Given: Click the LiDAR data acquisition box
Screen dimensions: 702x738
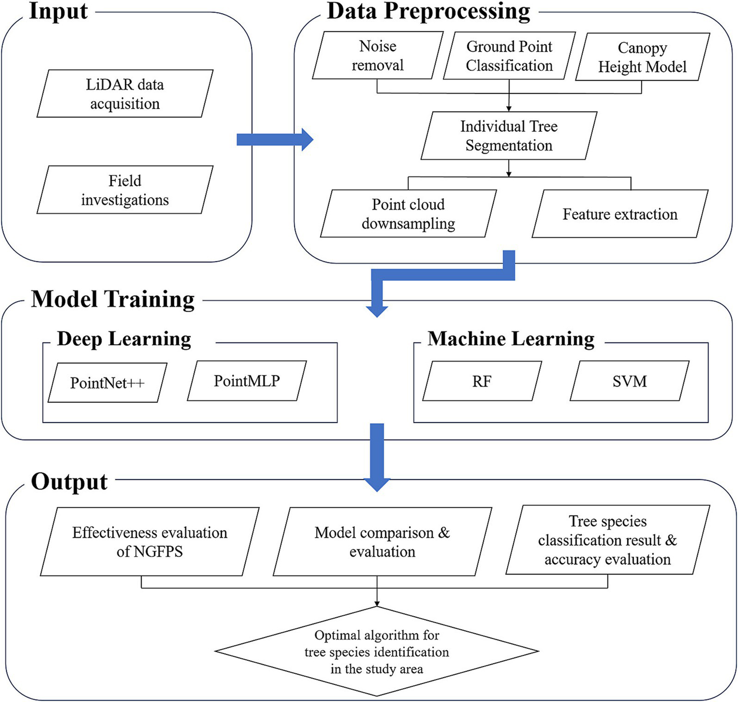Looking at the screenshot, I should tap(125, 94).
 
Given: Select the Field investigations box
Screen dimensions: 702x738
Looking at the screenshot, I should tap(125, 190).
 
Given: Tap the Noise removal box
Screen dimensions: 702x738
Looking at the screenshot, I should tap(377, 55).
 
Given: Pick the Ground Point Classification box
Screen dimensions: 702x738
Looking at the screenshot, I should tap(509, 56).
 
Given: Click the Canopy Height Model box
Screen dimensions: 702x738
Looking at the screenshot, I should tap(642, 57).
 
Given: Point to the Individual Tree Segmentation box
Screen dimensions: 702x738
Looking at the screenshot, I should tap(509, 136).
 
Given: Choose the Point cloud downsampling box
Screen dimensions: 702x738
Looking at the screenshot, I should tap(408, 213).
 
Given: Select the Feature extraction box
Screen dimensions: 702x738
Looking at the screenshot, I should tap(620, 214).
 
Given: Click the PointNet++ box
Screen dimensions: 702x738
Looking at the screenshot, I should tap(107, 383).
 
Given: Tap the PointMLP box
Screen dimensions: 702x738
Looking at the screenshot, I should tap(247, 381).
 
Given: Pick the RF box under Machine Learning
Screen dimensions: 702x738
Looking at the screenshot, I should tap(482, 381).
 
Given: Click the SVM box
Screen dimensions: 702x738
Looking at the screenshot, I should tap(629, 381).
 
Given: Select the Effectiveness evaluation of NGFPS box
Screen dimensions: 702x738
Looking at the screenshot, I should tap(150, 542).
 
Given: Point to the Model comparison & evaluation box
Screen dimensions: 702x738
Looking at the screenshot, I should tap(382, 542).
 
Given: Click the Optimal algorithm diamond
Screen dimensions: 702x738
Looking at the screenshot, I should tap(376, 652).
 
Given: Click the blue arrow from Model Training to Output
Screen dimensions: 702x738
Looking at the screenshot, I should tap(377, 457).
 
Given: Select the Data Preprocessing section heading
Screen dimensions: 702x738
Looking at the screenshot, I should tap(428, 11).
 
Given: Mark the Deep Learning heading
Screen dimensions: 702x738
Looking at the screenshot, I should tap(124, 338).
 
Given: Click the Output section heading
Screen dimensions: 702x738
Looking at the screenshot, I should tap(69, 481).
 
